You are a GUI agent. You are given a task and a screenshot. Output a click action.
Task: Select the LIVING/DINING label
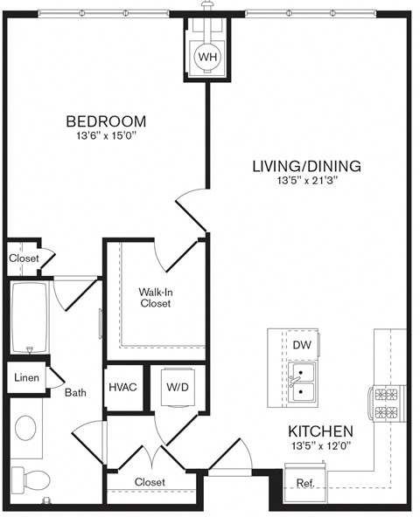tap(306, 166)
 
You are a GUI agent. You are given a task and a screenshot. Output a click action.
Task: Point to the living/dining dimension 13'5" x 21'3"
tap(306, 181)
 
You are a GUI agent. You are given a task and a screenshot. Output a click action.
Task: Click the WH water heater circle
tap(207, 57)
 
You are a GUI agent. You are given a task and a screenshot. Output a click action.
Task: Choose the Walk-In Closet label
tap(154, 298)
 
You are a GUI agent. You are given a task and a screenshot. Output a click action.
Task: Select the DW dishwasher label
tap(302, 345)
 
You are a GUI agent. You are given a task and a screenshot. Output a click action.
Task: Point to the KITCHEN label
tap(320, 431)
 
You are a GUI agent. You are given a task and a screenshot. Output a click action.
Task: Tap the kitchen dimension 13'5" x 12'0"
tap(320, 446)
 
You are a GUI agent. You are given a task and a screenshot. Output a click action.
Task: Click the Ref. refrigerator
tap(305, 481)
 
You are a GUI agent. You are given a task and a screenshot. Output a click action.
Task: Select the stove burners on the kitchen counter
tap(386, 403)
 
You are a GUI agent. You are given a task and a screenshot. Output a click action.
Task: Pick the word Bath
tap(75, 393)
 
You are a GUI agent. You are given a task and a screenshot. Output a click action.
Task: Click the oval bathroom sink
tap(25, 429)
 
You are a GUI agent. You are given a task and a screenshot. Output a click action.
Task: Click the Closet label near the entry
tap(150, 482)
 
